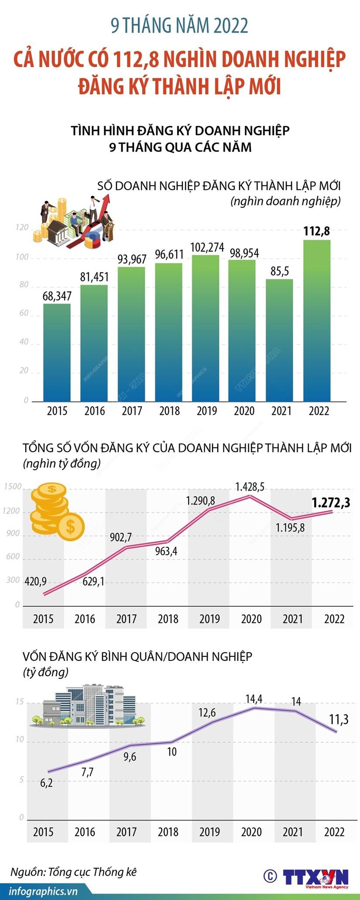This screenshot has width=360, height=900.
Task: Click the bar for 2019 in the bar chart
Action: [207, 327]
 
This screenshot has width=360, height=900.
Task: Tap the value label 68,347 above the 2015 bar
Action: [57, 295]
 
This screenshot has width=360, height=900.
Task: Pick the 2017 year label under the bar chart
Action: [132, 411]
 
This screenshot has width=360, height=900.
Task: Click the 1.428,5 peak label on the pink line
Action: [250, 487]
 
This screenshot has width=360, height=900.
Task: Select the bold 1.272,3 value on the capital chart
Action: [331, 503]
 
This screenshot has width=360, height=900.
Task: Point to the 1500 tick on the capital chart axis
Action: [13, 487]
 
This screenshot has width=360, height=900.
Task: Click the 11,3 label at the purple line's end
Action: [339, 719]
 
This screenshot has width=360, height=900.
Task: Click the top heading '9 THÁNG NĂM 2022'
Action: [179, 26]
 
